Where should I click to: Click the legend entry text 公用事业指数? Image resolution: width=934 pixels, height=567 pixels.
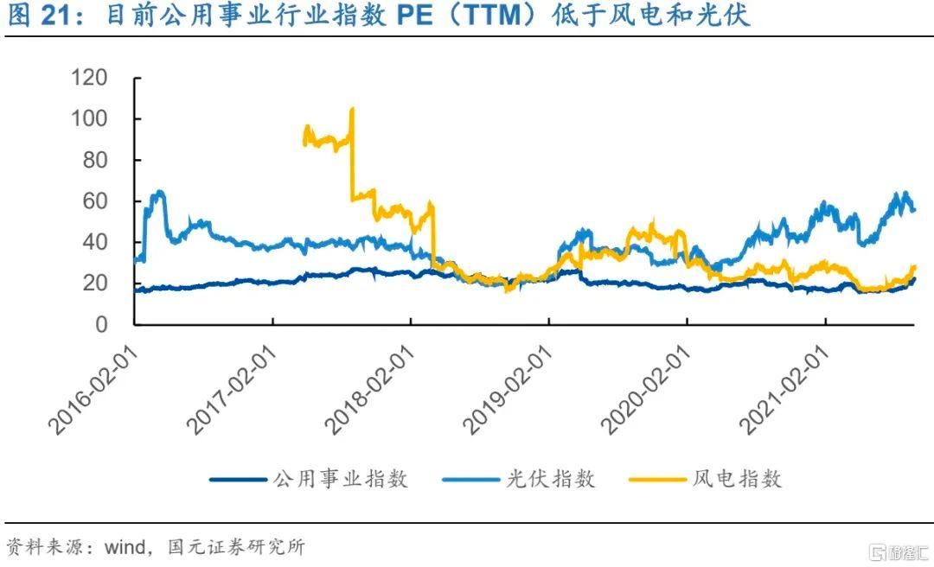[x=341, y=479]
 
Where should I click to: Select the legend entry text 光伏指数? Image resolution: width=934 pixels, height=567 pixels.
[x=550, y=479]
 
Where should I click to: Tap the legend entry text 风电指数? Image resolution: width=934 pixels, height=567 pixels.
[x=738, y=479]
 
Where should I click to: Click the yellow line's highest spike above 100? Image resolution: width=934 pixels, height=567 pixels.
[x=351, y=109]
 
